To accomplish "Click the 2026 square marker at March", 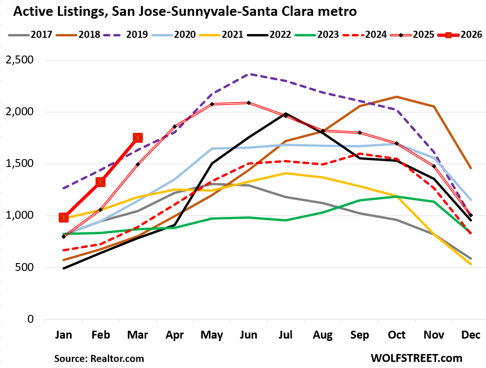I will [138, 138].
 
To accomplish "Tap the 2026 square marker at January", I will [63, 217].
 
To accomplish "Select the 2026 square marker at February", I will [100, 182].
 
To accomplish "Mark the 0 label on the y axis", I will [31, 319].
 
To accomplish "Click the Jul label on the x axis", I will [286, 335].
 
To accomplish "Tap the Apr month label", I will [175, 335].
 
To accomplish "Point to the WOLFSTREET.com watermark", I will [417, 358].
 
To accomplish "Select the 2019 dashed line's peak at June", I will [249, 74].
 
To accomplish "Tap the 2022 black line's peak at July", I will [286, 113].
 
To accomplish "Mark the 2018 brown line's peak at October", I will [397, 97].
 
